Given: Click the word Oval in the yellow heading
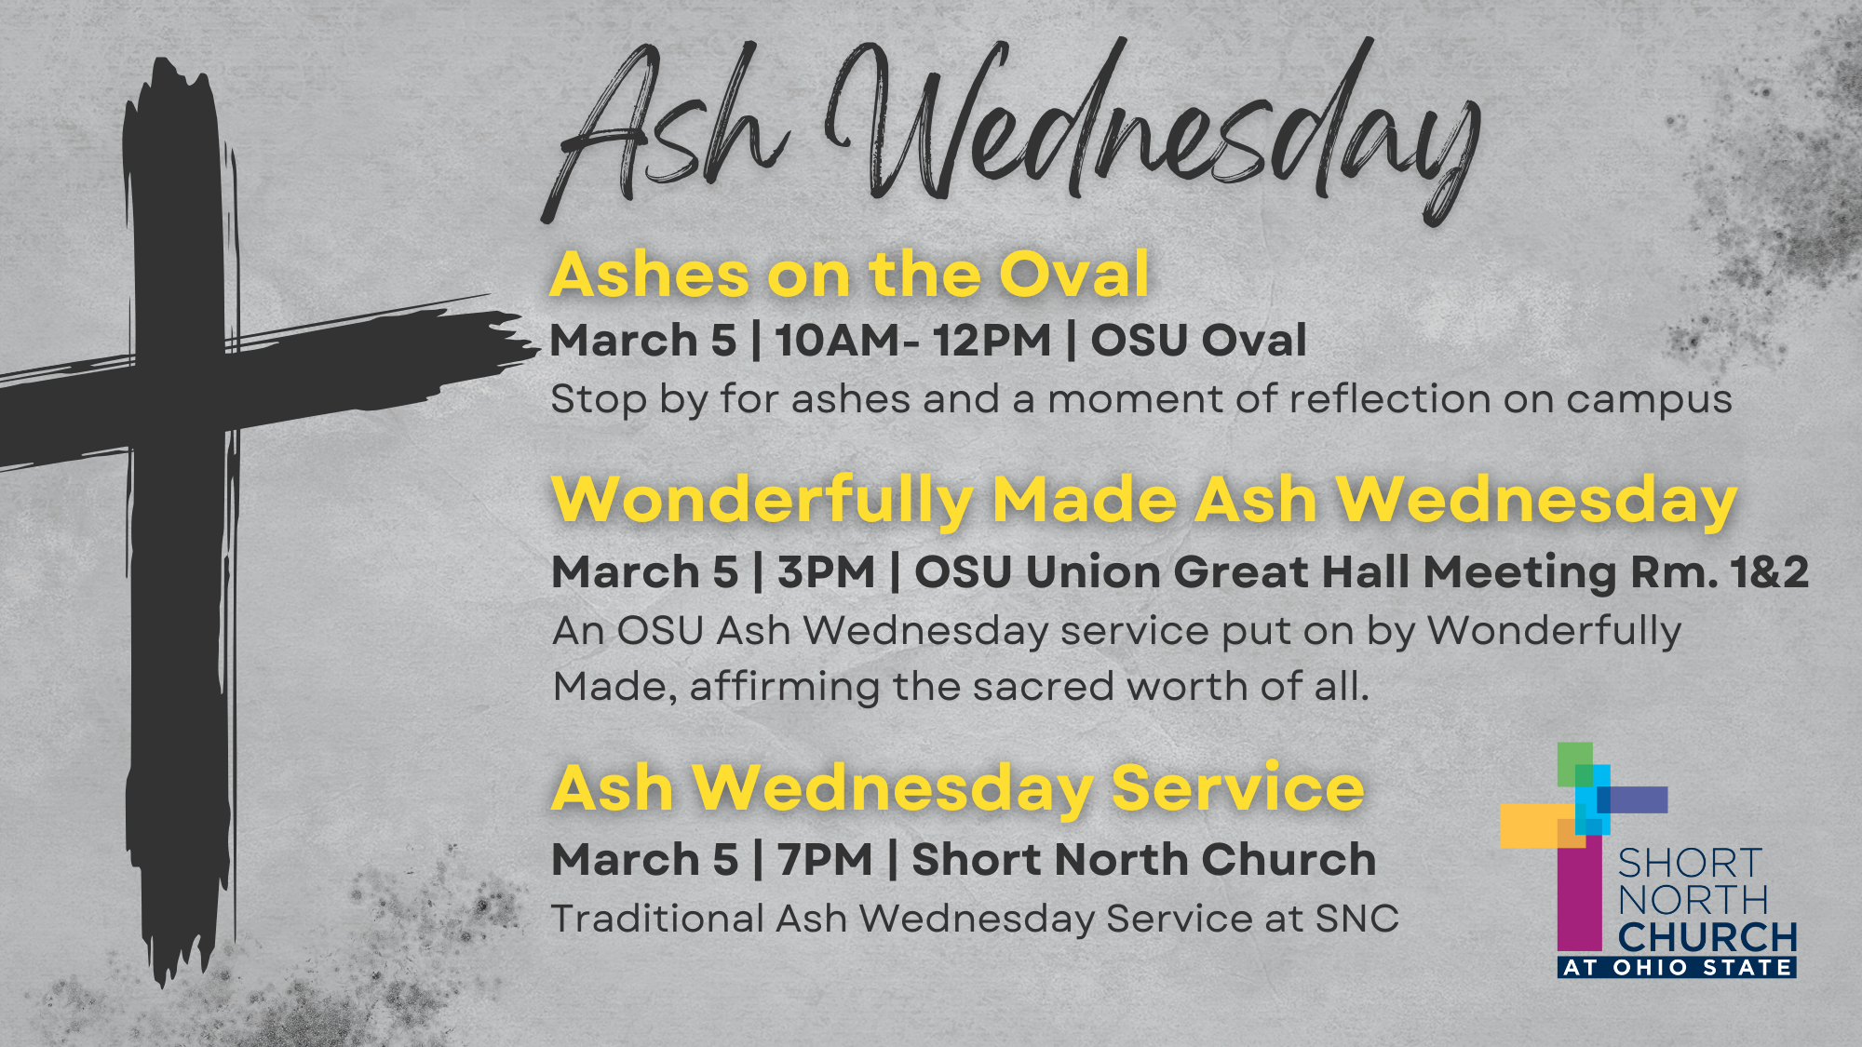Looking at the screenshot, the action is pyautogui.click(x=1074, y=275).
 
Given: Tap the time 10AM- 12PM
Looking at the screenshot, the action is pyautogui.click(x=912, y=340).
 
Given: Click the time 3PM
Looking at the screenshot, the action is pyautogui.click(x=826, y=571).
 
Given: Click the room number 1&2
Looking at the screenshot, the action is pyautogui.click(x=1770, y=571).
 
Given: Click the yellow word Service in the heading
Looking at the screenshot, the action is pyautogui.click(x=1238, y=787).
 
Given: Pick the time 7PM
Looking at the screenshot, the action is pyautogui.click(x=825, y=859).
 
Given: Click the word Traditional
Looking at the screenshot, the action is pyautogui.click(x=657, y=919).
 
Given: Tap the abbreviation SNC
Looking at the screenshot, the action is pyautogui.click(x=1356, y=919).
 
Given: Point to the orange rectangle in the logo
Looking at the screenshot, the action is pyautogui.click(x=1537, y=826).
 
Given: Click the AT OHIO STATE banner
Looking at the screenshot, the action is pyautogui.click(x=1677, y=967).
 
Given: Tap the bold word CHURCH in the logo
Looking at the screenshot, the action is pyautogui.click(x=1707, y=936).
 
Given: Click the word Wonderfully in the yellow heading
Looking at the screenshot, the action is pyautogui.click(x=762, y=501).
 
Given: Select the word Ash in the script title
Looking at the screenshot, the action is pyautogui.click(x=666, y=130).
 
